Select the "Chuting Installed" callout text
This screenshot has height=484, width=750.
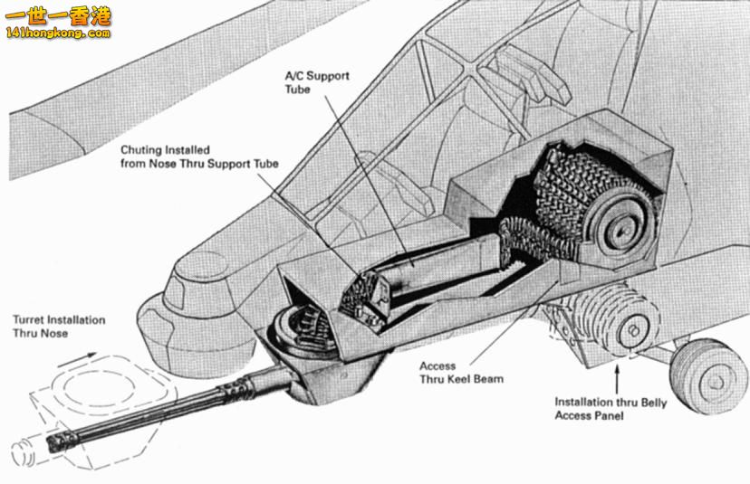tap(199, 157)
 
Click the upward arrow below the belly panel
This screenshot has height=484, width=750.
tap(619, 366)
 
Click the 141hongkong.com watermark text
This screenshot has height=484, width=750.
tap(56, 34)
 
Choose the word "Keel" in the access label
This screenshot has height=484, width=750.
tap(462, 379)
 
